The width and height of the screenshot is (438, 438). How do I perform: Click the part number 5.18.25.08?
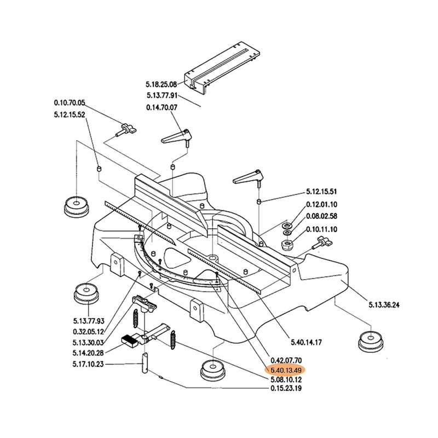pos(162,85)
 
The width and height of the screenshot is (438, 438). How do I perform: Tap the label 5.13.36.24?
pos(383,305)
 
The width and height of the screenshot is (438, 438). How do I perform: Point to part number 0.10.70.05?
pos(70,103)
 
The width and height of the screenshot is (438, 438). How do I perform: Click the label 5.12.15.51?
pos(321,192)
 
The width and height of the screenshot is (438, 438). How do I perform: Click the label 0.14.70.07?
pos(162,108)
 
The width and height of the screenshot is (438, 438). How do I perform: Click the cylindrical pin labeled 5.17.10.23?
pos(146,362)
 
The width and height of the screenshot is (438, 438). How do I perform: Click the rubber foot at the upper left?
pos(75,206)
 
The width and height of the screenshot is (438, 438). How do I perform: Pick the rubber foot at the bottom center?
pos(214,372)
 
